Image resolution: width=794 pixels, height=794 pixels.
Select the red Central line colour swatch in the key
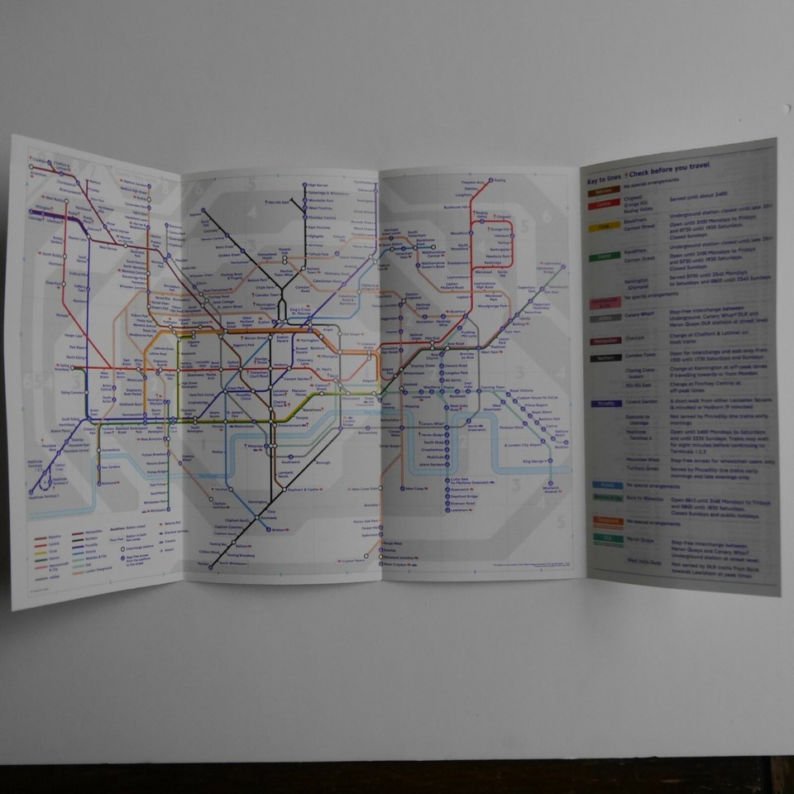[602, 203]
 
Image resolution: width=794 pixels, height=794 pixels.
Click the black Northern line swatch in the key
[602, 358]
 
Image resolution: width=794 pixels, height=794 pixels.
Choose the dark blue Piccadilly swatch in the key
[602, 404]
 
